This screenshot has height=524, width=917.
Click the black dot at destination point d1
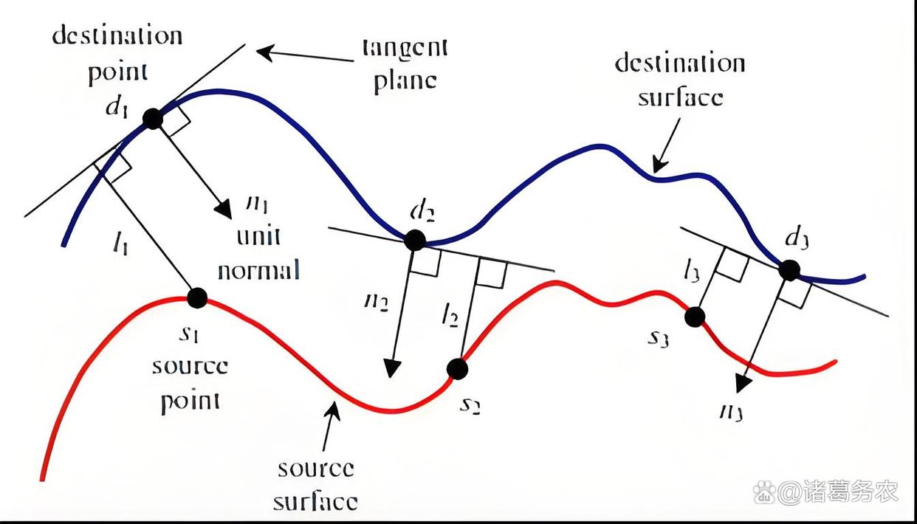click(x=152, y=118)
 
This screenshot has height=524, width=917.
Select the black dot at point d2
click(x=414, y=240)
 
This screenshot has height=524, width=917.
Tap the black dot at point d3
click(x=789, y=270)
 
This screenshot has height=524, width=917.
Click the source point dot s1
click(x=196, y=297)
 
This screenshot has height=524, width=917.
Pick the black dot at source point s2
click(x=457, y=368)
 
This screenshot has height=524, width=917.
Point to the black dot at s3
click(x=694, y=317)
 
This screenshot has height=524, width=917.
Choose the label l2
click(x=450, y=317)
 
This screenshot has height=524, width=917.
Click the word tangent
click(x=405, y=48)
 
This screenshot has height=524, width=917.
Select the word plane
click(x=405, y=80)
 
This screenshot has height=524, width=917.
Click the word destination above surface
click(x=679, y=63)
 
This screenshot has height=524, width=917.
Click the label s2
click(x=470, y=404)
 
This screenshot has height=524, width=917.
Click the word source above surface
click(x=315, y=469)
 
